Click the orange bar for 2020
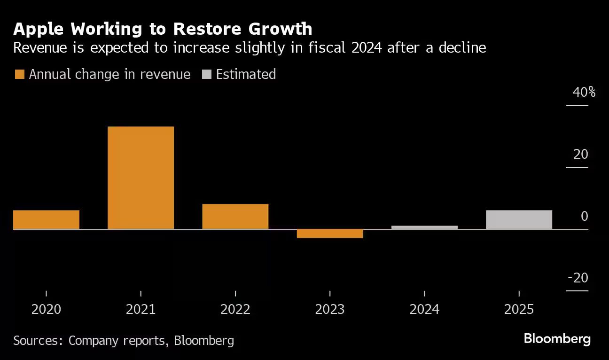tap(46, 219)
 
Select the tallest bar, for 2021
tap(141, 178)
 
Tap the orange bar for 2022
tap(235, 216)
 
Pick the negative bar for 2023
tap(330, 234)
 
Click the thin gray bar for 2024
tap(424, 227)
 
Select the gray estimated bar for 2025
tap(519, 219)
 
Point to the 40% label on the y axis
tap(584, 92)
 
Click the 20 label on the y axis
tap(581, 154)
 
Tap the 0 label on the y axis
tap(584, 216)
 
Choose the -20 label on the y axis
tap(578, 278)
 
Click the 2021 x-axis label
tap(141, 310)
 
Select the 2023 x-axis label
tap(330, 310)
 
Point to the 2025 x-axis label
tap(519, 310)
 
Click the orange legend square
tap(19, 74)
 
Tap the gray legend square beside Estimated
tap(206, 74)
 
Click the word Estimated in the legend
tap(246, 74)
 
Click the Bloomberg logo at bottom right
tap(557, 339)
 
